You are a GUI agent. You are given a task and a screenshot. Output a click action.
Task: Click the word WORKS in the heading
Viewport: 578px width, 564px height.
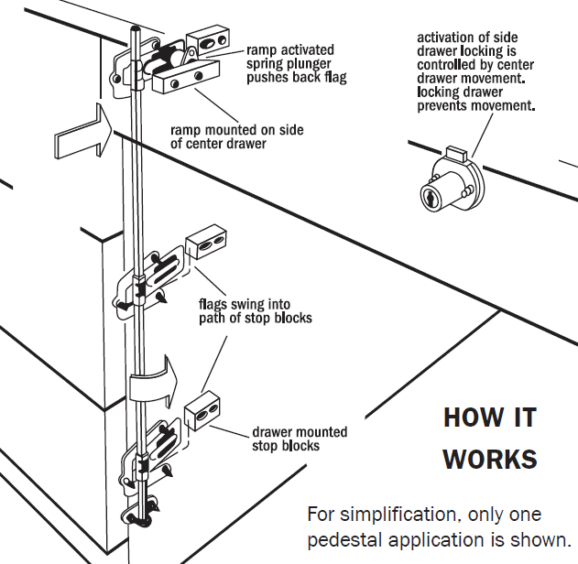coord(490,459)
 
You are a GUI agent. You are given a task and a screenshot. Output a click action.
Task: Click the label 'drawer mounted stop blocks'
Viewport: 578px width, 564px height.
coord(299,439)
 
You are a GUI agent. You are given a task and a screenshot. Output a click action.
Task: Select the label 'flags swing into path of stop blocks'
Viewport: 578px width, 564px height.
coord(256,311)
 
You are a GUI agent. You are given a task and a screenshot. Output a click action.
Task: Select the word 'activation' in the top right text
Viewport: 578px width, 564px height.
coord(450,38)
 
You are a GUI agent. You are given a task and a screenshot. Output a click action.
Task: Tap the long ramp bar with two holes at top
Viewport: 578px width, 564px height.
coord(187,83)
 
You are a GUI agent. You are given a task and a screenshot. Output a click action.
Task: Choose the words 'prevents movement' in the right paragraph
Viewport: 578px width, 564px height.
coord(475,105)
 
